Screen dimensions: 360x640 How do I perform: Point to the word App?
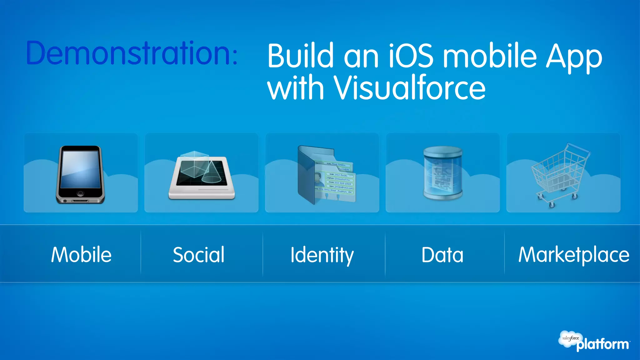click(x=574, y=57)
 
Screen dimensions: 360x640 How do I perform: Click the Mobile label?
click(x=81, y=254)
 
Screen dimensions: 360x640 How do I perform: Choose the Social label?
click(x=199, y=254)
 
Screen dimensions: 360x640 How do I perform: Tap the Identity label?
click(x=322, y=255)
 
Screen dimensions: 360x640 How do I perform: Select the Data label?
click(x=442, y=254)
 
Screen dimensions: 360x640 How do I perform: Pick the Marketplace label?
click(x=574, y=254)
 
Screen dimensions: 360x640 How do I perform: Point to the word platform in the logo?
click(x=602, y=345)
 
